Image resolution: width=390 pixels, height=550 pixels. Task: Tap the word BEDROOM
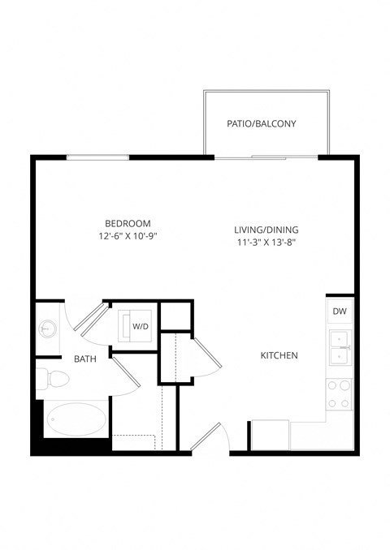[128, 223]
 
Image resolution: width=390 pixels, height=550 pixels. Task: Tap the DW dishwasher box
[340, 311]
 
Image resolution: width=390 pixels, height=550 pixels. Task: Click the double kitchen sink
[340, 348]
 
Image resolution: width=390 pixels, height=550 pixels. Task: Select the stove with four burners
[340, 393]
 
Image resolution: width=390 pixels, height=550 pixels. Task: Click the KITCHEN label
[279, 355]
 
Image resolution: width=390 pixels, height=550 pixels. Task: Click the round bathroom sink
[45, 329]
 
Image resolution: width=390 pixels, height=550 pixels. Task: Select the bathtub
[76, 420]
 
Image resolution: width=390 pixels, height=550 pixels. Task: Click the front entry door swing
[206, 438]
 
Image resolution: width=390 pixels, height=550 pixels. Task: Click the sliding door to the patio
[268, 156]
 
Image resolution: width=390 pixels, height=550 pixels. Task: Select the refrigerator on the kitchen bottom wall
[270, 434]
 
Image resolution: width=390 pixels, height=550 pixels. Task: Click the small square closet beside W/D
[174, 315]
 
